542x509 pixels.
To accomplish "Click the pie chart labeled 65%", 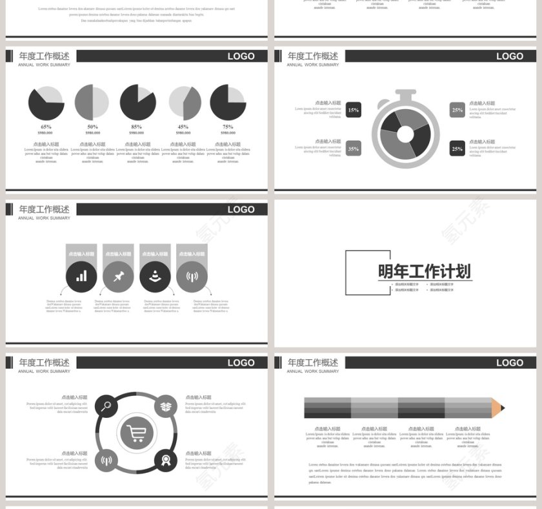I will [46, 103].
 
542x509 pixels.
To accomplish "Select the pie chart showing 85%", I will [137, 103].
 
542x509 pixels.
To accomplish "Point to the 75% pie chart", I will [228, 103].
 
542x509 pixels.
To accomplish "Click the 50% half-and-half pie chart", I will [92, 103].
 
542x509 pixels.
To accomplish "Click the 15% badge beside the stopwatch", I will [353, 110].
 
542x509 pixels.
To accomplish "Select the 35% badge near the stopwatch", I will [353, 149].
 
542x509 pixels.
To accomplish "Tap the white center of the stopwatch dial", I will [405, 134].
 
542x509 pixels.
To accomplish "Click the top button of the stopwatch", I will [405, 95].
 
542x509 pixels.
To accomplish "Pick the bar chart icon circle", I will [81, 276].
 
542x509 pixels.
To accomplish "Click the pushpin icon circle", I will [118, 276].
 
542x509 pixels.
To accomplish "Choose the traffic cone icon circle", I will [155, 276].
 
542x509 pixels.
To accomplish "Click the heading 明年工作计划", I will [424, 272].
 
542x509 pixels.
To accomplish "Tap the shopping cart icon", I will [136, 433].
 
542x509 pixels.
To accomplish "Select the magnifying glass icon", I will [106, 406].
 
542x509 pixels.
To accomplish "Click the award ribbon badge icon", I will [166, 460].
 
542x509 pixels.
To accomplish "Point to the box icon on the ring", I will [166, 406].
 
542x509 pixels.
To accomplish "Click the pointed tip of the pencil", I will [502, 408].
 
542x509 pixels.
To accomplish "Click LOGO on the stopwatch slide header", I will [509, 56].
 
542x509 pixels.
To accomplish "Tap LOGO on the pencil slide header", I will [509, 362].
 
